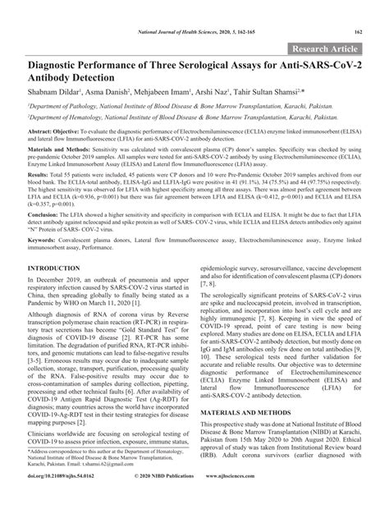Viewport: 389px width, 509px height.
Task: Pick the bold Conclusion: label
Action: (x=46, y=213)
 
